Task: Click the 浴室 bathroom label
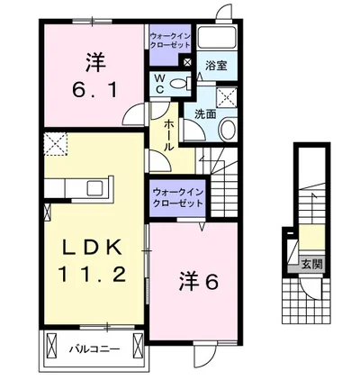tap(215, 66)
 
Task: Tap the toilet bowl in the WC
tap(179, 83)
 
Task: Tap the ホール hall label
tap(168, 132)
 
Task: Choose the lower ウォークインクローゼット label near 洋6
tap(177, 197)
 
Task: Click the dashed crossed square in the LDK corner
tap(56, 140)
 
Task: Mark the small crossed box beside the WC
tap(186, 62)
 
